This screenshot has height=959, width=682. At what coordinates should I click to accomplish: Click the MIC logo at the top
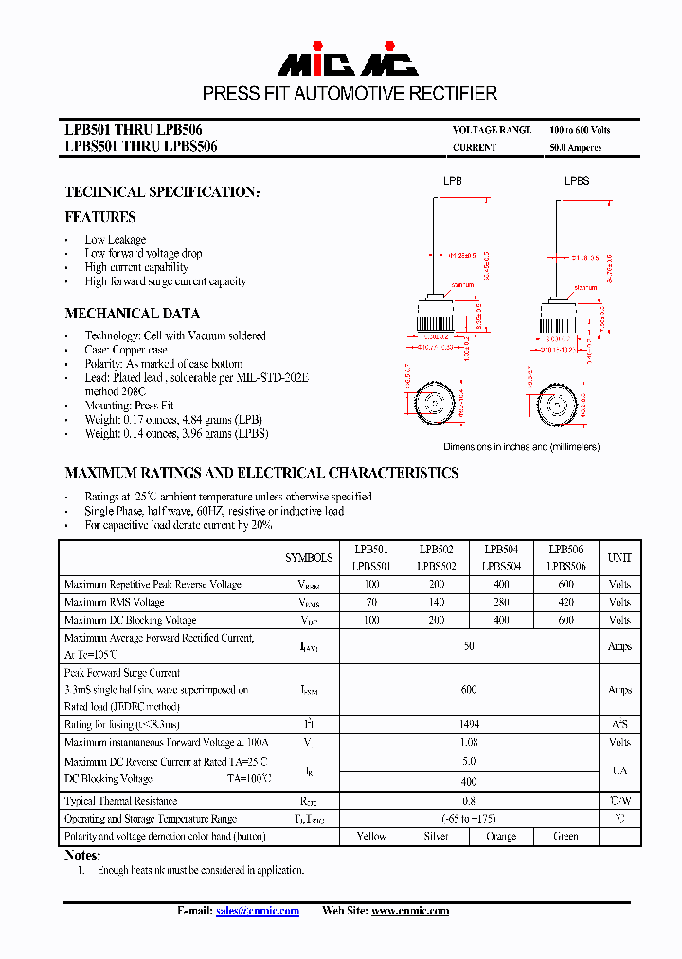(x=348, y=63)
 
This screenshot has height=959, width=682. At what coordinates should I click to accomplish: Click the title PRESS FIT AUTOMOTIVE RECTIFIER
(x=350, y=93)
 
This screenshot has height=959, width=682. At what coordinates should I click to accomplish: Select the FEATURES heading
(x=100, y=217)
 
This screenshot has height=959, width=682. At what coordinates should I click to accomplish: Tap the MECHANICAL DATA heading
(x=132, y=314)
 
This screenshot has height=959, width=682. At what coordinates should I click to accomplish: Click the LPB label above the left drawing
(x=453, y=180)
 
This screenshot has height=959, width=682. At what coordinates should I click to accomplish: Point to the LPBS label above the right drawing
(x=577, y=180)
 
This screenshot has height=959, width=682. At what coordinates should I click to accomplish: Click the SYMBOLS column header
(x=309, y=558)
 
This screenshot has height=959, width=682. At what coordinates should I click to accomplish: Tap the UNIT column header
(x=619, y=558)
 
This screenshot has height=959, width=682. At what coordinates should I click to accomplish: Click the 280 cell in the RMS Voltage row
(x=501, y=603)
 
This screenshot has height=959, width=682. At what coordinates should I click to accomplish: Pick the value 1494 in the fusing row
(x=469, y=725)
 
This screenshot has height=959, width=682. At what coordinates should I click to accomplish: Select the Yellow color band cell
(x=371, y=837)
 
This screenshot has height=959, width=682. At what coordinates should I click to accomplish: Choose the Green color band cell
(x=565, y=837)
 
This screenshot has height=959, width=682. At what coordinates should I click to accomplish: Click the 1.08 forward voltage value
(x=469, y=743)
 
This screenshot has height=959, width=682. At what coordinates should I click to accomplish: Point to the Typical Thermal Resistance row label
(x=120, y=802)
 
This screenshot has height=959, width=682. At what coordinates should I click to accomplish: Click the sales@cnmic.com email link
(x=257, y=911)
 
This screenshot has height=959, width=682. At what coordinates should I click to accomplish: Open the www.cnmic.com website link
(x=409, y=911)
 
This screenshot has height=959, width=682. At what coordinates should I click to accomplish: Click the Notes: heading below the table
(x=82, y=856)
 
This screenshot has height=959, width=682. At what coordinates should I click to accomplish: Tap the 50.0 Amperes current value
(x=575, y=148)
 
